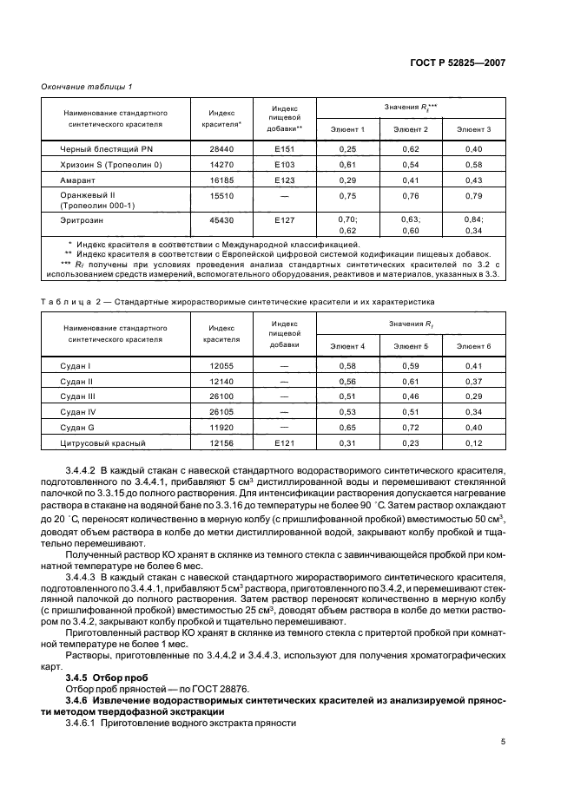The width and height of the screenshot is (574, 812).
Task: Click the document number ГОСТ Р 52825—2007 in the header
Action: (x=459, y=63)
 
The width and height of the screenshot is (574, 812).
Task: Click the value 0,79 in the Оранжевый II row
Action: (x=473, y=196)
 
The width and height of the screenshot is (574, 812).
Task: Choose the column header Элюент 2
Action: (x=410, y=129)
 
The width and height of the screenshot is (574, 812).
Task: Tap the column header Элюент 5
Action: (x=410, y=346)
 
